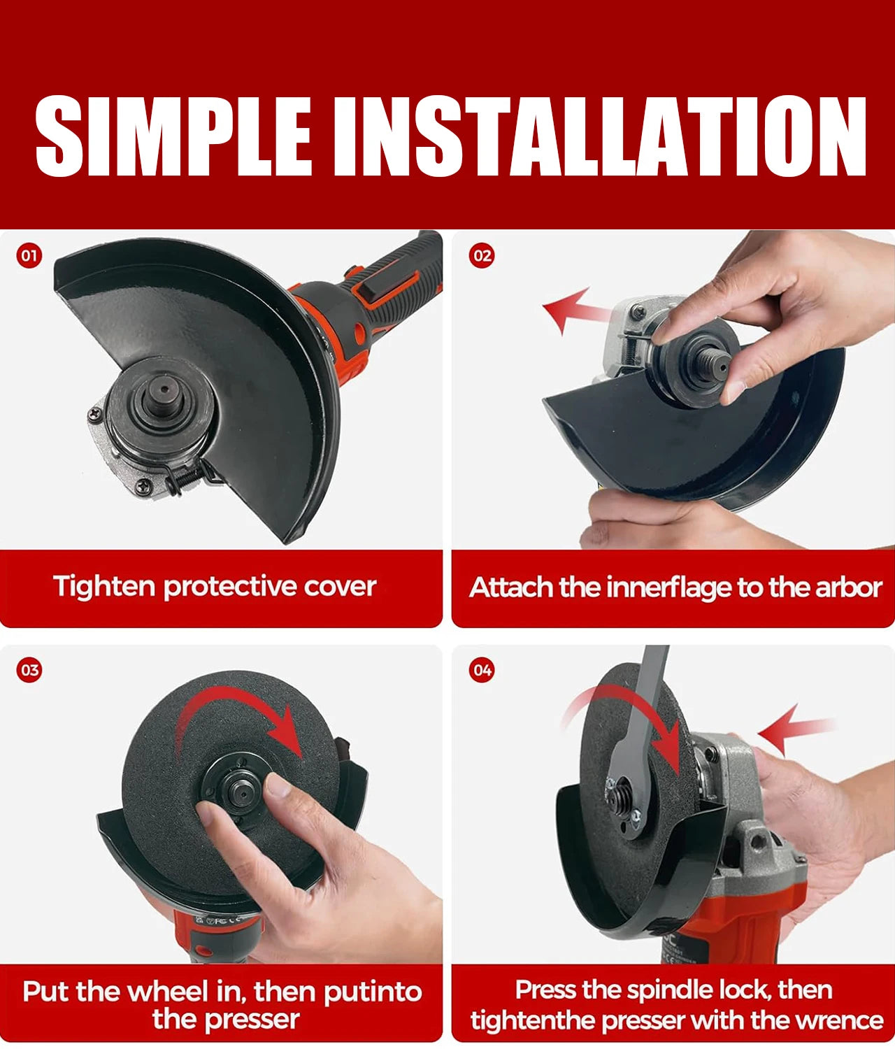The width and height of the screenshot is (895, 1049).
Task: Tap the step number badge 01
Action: (29, 255)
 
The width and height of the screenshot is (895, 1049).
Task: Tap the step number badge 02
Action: (482, 255)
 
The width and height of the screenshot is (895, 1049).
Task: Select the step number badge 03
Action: (29, 670)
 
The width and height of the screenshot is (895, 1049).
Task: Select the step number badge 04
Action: (482, 670)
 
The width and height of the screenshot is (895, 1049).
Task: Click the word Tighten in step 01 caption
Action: (104, 586)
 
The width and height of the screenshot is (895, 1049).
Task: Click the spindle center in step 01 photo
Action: (162, 392)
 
